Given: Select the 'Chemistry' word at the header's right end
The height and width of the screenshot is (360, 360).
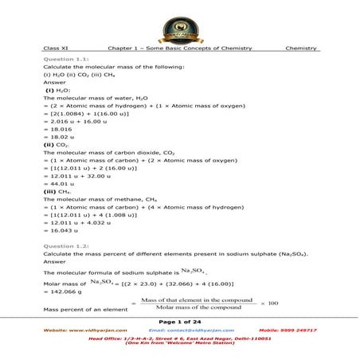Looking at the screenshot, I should coord(300,49).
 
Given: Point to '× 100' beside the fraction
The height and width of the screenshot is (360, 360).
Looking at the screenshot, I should coord(269,303).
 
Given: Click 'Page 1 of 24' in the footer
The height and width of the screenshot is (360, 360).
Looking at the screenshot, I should coord(180,320).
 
